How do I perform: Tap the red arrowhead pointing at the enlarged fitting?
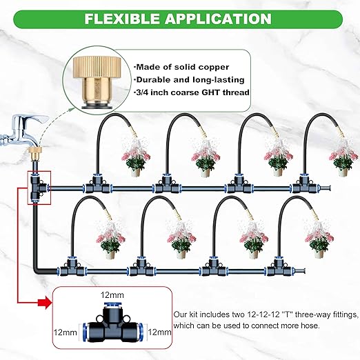click(49, 300)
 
